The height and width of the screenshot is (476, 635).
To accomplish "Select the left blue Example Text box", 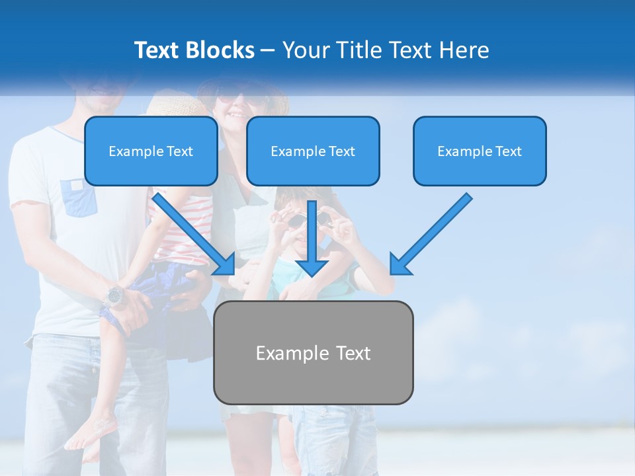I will (151, 151).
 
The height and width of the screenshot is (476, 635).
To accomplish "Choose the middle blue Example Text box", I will (313, 151).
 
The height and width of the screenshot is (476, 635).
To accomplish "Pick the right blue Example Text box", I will (480, 151).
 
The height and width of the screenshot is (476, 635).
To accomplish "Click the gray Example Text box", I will (313, 352).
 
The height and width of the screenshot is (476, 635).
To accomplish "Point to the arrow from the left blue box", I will (195, 235).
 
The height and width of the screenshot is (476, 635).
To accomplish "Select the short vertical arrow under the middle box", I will (312, 238).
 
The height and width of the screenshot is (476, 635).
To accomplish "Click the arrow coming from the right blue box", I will (430, 235).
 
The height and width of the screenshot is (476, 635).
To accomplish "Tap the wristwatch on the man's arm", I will (115, 296).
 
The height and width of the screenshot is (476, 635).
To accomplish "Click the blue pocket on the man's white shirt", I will (80, 197).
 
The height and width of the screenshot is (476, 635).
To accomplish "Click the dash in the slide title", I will (268, 50).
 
